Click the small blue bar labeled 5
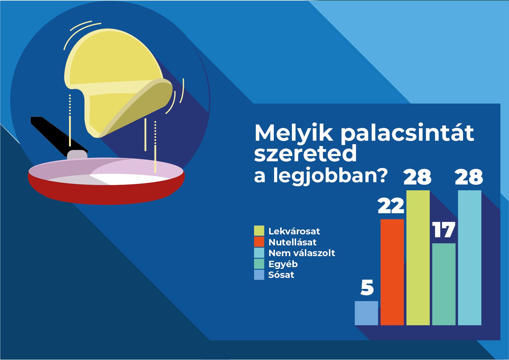click(366, 313)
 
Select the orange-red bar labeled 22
click(392, 272)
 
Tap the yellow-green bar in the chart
click(418, 258)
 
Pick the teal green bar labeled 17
click(444, 284)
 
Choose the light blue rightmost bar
click(470, 258)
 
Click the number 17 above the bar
click(444, 230)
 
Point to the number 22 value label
click(391, 206)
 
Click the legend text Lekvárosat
click(294, 231)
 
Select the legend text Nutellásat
click(292, 242)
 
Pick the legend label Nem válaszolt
click(302, 253)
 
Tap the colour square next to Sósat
click(259, 275)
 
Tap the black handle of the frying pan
click(58, 135)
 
